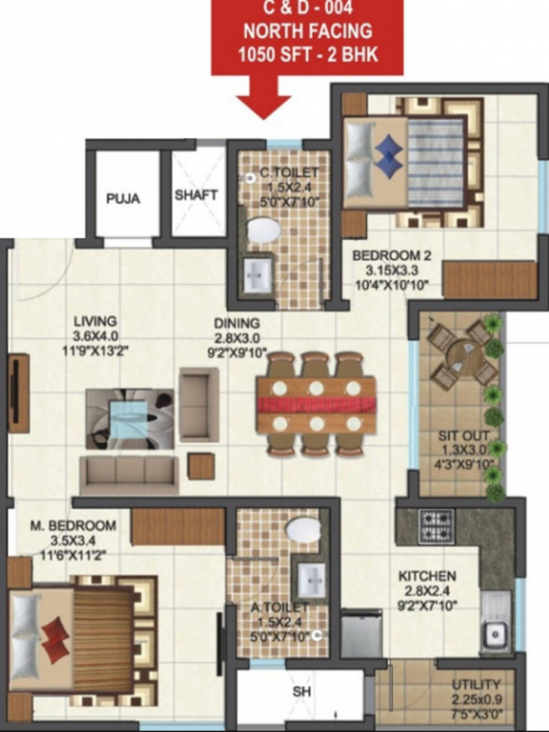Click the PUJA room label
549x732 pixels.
pos(123,199)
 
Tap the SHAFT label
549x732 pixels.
pos(196,194)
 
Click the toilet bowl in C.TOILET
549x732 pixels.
pos(262,232)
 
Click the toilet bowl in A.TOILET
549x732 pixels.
pos(304,530)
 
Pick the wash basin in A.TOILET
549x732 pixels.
pos(311,577)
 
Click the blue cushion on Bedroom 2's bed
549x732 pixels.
pos(387,154)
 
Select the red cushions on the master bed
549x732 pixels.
pos(56,635)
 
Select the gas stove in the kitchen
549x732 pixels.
pos(437,526)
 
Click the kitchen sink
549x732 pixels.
pos(494,633)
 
